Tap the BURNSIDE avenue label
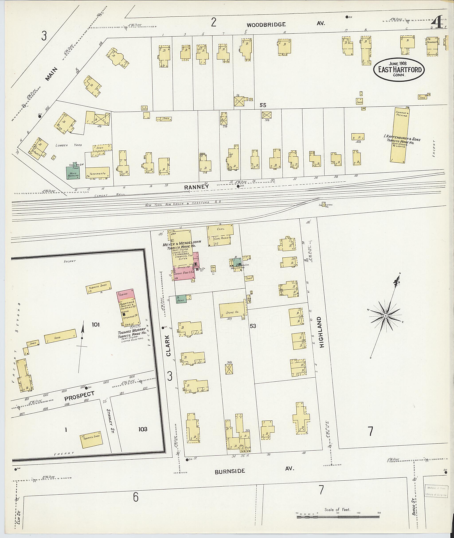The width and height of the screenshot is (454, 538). click(230, 471)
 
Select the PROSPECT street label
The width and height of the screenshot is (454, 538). click(79, 396)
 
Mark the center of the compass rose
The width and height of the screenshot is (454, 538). click(386, 316)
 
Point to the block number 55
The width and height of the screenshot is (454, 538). click(263, 105)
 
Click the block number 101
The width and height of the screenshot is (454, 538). click(96, 324)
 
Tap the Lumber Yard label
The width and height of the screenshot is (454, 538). click(69, 145)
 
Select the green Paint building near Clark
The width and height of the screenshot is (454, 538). click(181, 299)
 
